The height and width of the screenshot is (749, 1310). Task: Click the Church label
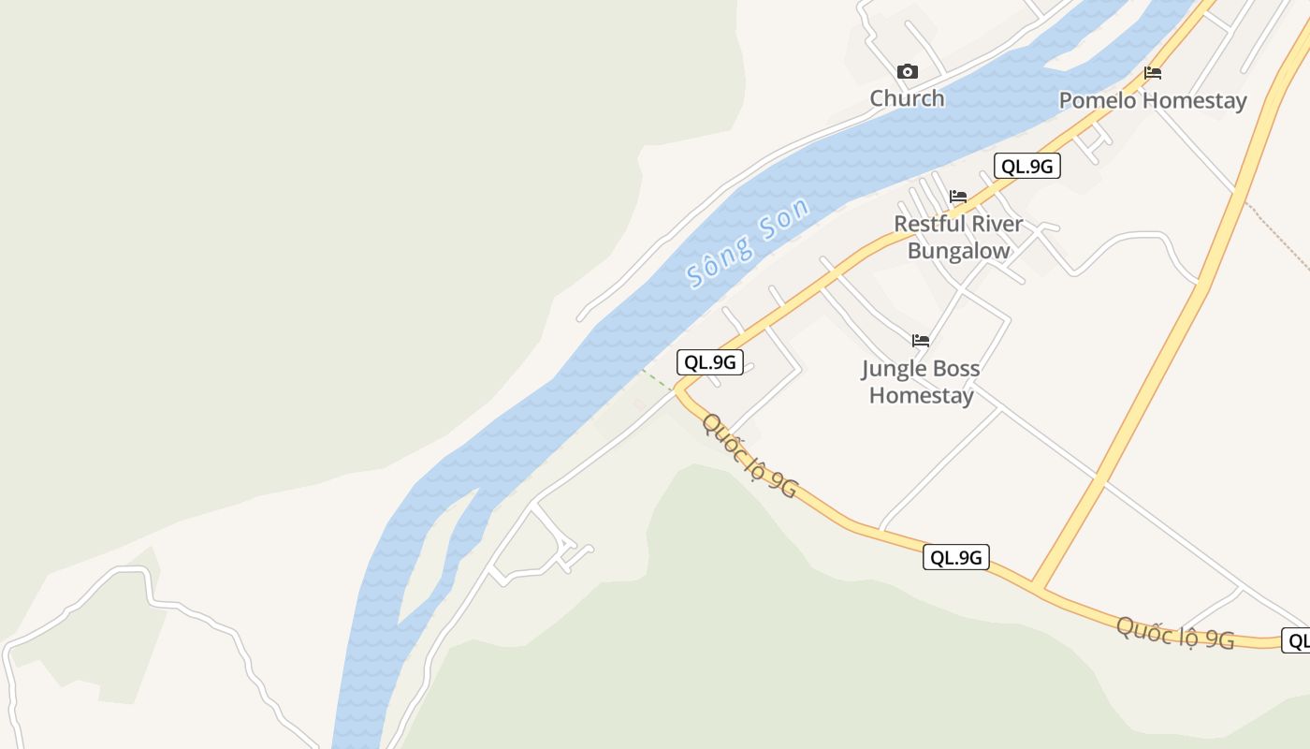[x=907, y=98]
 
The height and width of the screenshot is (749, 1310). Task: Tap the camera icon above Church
[x=907, y=72]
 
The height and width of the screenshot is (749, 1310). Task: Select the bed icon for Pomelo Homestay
[x=1153, y=73]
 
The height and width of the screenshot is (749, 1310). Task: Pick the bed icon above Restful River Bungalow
[x=958, y=197]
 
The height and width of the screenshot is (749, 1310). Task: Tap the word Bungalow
[x=959, y=251]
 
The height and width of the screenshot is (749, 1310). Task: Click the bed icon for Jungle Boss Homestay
[x=921, y=341]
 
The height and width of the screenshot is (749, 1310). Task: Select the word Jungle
[x=893, y=369]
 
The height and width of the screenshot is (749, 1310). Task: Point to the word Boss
[x=955, y=369]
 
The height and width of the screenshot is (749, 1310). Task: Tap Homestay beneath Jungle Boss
[x=922, y=395]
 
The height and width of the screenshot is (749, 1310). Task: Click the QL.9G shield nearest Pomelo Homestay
[x=1026, y=167]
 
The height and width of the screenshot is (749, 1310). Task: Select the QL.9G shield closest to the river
[x=710, y=362]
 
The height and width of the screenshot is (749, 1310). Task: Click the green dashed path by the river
[x=657, y=379]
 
